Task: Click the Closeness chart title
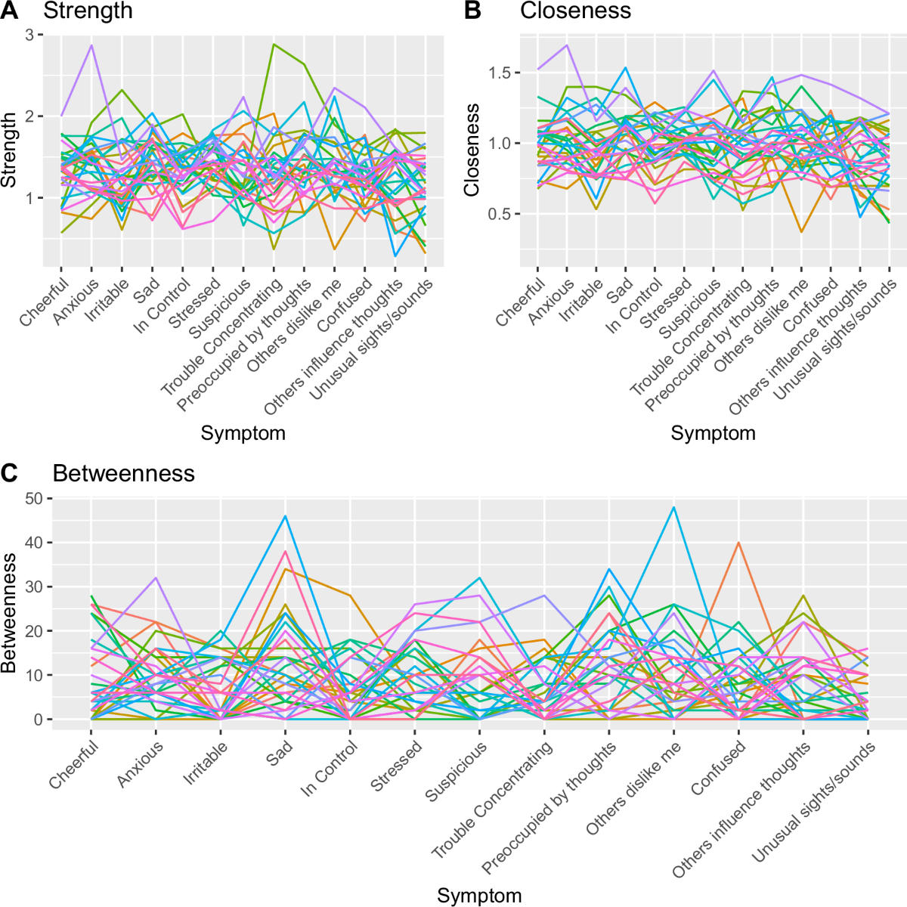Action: click(575, 11)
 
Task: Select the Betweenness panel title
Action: click(123, 473)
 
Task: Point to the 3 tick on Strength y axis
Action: click(29, 35)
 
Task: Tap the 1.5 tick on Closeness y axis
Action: click(500, 73)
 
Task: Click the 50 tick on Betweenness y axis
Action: click(33, 499)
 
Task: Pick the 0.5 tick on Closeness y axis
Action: click(500, 214)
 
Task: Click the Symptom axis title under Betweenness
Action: click(479, 896)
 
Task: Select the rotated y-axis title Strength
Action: click(9, 150)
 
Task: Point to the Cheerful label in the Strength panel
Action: click(45, 302)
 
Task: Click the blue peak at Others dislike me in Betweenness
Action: click(673, 506)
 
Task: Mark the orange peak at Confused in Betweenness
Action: click(738, 543)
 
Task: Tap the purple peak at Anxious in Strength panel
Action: click(91, 45)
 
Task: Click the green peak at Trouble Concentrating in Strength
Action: click(274, 44)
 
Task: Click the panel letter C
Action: click(10, 473)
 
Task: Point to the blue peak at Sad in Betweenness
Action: click(285, 515)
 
